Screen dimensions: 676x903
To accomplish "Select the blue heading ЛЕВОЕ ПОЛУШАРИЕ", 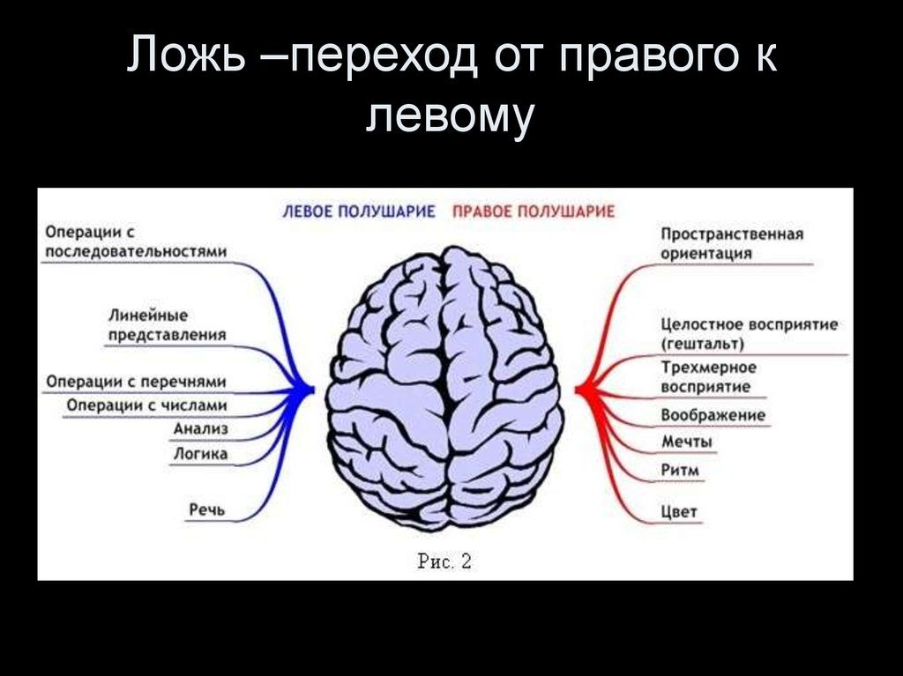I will pyautogui.click(x=359, y=212).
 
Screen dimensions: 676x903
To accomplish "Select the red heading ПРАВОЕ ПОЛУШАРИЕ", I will pyautogui.click(x=533, y=212).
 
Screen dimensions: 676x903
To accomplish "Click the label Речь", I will pyautogui.click(x=208, y=509).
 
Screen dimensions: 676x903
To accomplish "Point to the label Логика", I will pyautogui.click(x=200, y=454).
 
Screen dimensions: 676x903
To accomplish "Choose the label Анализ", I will pyautogui.click(x=201, y=428).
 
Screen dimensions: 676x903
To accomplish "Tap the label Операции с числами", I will pyautogui.click(x=146, y=405).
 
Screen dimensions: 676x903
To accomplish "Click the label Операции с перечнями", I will pyautogui.click(x=136, y=382).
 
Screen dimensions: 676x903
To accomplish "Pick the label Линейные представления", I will pyautogui.click(x=168, y=325).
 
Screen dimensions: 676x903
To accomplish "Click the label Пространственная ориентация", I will pyautogui.click(x=731, y=243).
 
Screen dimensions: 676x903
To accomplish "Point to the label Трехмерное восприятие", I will pyautogui.click(x=708, y=376).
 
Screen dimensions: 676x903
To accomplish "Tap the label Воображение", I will pyautogui.click(x=713, y=415).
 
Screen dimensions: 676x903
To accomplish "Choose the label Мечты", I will pyautogui.click(x=686, y=442).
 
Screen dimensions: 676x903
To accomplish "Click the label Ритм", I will pyautogui.click(x=679, y=470).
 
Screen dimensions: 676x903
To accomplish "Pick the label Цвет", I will pyautogui.click(x=678, y=511).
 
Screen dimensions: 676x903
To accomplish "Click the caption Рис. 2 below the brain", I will pyautogui.click(x=444, y=561).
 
